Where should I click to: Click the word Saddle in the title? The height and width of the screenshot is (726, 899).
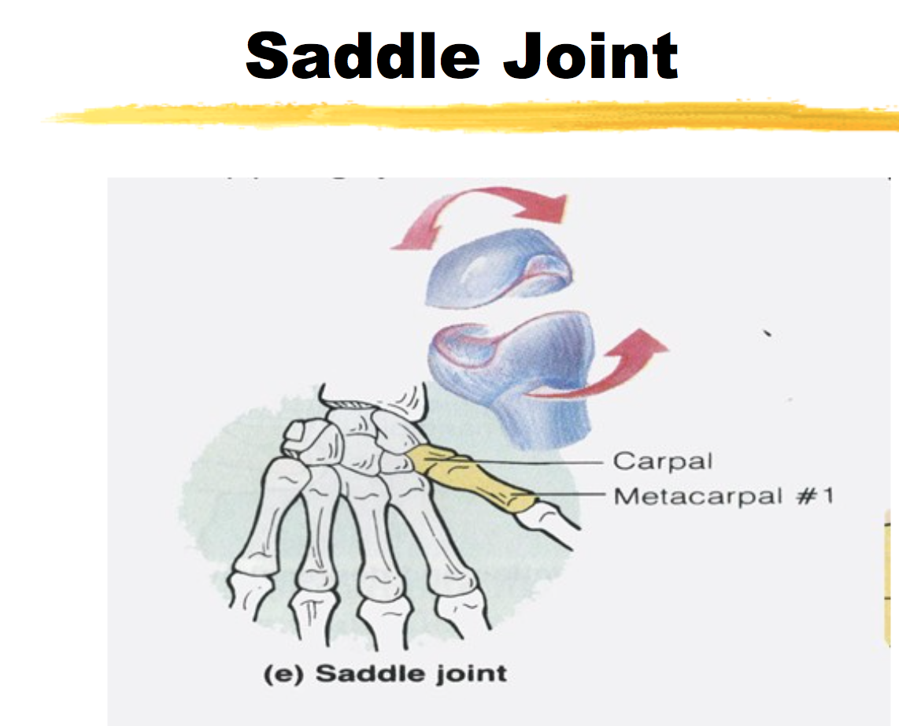[362, 56]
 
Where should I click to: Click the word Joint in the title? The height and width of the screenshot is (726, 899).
[591, 56]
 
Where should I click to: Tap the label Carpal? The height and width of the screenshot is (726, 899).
[663, 462]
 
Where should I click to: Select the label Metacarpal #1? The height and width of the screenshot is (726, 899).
[723, 495]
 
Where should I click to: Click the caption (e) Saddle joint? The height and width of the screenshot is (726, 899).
[385, 673]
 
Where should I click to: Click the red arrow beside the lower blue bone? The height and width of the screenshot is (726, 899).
[596, 367]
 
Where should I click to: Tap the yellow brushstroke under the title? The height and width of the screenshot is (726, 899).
[470, 117]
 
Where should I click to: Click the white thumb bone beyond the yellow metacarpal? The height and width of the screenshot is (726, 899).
[548, 524]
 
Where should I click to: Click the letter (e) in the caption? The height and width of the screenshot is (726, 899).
[283, 674]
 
